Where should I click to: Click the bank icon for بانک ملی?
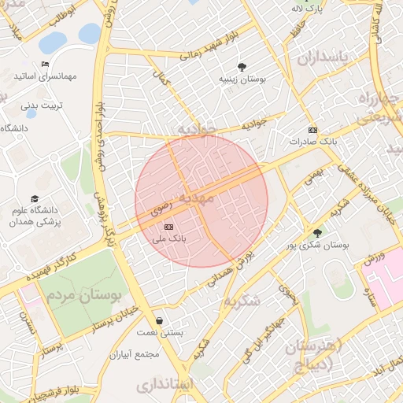[x=168, y=226]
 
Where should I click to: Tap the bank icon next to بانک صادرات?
[x=312, y=130]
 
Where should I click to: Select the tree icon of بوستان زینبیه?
[x=241, y=67]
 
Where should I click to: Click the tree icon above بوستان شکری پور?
[x=317, y=233]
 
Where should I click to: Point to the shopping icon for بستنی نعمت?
[x=161, y=321]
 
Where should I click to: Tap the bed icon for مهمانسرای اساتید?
[x=45, y=65]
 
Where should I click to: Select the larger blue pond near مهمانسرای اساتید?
[x=53, y=42]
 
